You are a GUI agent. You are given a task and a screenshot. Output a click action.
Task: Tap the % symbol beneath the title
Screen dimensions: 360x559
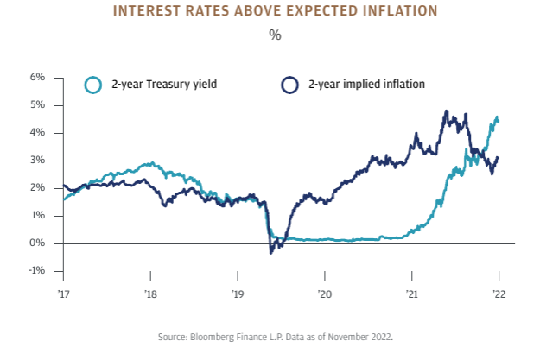point(275,35)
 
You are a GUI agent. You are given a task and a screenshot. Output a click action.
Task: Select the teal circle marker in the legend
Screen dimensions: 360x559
point(92,85)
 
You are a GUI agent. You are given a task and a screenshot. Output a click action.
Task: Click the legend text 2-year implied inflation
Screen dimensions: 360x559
point(366,85)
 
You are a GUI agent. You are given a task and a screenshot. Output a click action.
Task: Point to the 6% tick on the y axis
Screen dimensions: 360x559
point(37,77)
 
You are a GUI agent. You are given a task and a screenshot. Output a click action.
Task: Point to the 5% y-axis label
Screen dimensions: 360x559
point(37,104)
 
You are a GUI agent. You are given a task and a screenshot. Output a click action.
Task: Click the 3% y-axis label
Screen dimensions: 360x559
point(37,160)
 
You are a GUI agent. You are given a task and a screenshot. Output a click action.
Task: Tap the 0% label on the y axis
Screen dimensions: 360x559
point(37,243)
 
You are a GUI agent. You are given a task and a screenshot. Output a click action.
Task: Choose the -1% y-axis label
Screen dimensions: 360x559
point(36,270)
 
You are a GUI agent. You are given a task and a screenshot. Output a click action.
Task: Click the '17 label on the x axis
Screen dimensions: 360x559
point(63,294)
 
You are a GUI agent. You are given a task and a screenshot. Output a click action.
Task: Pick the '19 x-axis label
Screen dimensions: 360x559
point(238,294)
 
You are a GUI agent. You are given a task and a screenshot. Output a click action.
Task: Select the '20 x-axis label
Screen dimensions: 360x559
point(325,294)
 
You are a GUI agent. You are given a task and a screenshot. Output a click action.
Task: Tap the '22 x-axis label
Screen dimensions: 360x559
point(499,294)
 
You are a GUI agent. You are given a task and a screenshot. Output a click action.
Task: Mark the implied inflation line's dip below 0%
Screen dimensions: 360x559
point(271,251)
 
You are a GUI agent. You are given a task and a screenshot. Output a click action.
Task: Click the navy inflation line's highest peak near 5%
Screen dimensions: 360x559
point(446,111)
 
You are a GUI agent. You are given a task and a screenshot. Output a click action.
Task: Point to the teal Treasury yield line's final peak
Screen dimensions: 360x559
point(496,117)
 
